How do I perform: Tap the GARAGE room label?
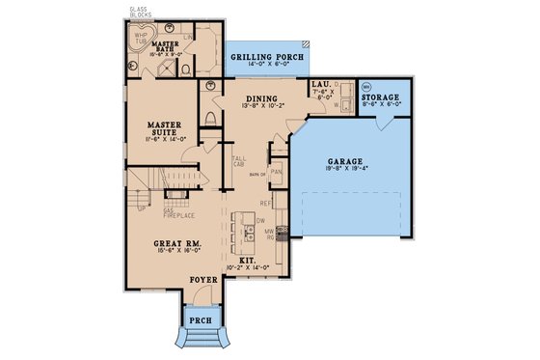pos(346,163)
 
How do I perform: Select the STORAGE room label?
pos(381,98)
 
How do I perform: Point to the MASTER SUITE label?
pos(166,129)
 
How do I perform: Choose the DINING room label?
pos(261,99)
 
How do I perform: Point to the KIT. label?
pos(249,260)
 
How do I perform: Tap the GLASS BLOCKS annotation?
pos(140,13)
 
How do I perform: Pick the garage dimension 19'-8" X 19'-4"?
pos(346,173)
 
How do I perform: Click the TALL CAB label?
pos(237,160)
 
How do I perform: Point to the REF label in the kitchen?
pos(278,204)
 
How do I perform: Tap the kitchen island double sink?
pos(248,232)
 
